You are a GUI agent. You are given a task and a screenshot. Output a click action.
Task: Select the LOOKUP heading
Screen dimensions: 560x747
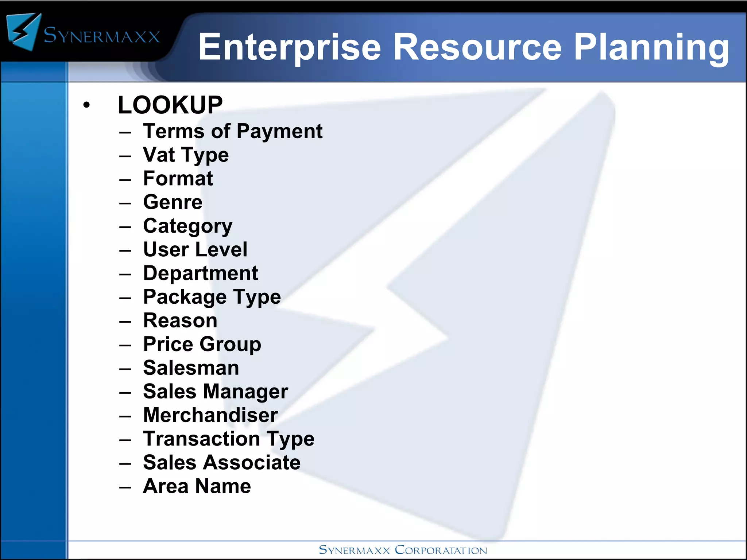170,105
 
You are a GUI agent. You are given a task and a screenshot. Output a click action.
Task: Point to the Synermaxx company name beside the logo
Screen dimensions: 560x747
102,36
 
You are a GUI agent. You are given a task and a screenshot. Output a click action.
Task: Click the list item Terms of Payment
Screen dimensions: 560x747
233,131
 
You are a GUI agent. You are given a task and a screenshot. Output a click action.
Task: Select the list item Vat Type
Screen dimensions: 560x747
186,155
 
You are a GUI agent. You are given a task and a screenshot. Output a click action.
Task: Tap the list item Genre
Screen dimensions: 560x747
173,202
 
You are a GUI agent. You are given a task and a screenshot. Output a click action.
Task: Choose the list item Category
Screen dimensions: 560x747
188,226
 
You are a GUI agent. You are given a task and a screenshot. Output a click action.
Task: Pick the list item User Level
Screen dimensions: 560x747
195,249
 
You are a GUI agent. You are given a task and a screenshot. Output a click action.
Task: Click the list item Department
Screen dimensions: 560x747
201,273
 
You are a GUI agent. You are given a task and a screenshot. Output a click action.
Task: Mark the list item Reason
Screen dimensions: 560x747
180,320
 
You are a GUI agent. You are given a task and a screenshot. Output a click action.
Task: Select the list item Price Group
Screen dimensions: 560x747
202,344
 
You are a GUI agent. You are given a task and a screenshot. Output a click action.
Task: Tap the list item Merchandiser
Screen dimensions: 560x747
210,415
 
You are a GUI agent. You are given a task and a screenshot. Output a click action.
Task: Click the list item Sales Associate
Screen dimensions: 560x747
222,462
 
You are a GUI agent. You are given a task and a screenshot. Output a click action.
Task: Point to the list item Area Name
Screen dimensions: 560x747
197,486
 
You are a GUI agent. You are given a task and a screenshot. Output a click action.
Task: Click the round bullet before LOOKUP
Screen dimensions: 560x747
86,105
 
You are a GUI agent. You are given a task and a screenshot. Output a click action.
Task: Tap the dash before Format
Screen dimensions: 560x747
125,180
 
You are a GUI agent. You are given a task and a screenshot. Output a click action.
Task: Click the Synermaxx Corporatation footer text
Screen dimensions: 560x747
403,550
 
